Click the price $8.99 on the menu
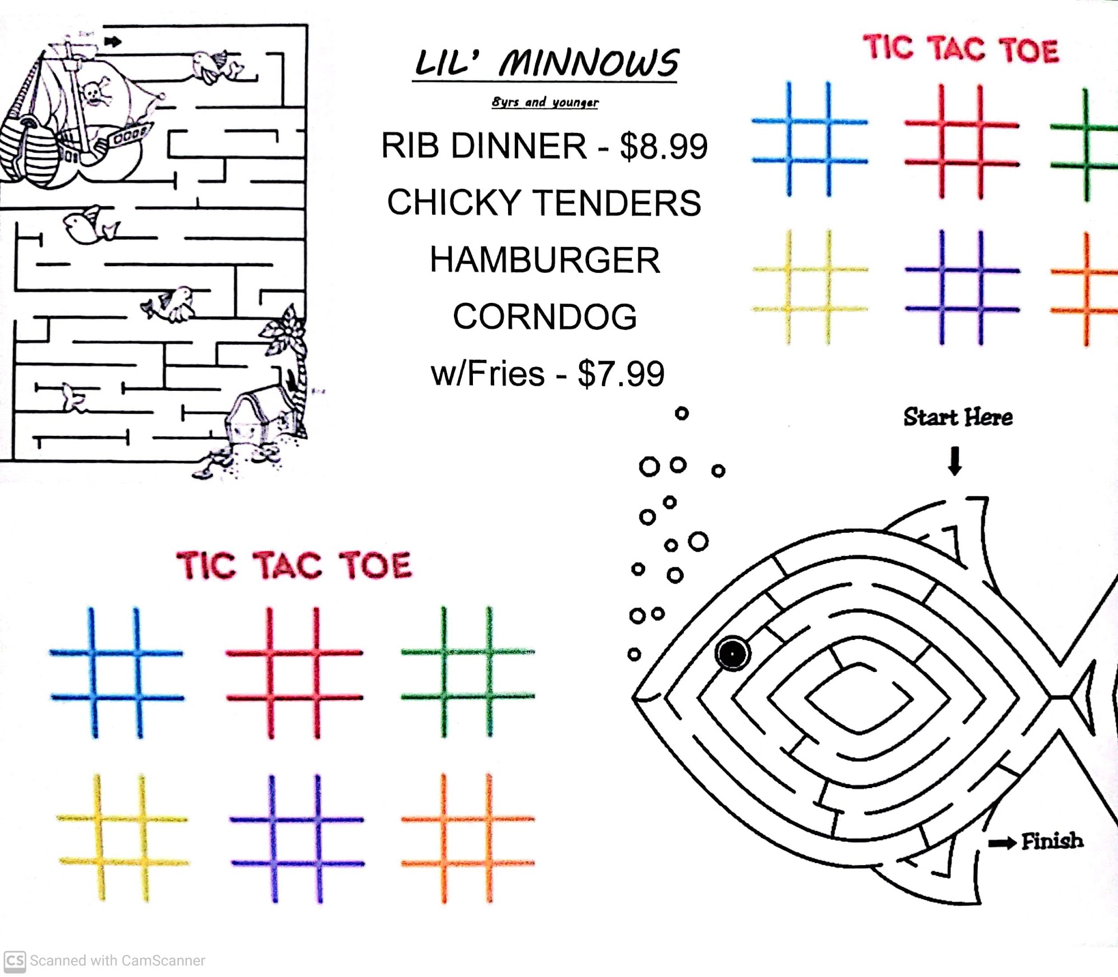(664, 146)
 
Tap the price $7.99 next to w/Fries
(621, 373)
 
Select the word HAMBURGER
(545, 260)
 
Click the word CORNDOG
(545, 316)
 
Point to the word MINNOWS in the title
(589, 63)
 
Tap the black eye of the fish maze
(732, 652)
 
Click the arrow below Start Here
(955, 461)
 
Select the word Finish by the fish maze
(1052, 841)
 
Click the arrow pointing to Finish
(1002, 843)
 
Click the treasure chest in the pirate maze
(252, 418)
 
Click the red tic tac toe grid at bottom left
(294, 673)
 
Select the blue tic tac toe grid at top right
(809, 140)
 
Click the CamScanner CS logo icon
(15, 960)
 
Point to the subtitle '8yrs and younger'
(545, 102)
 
